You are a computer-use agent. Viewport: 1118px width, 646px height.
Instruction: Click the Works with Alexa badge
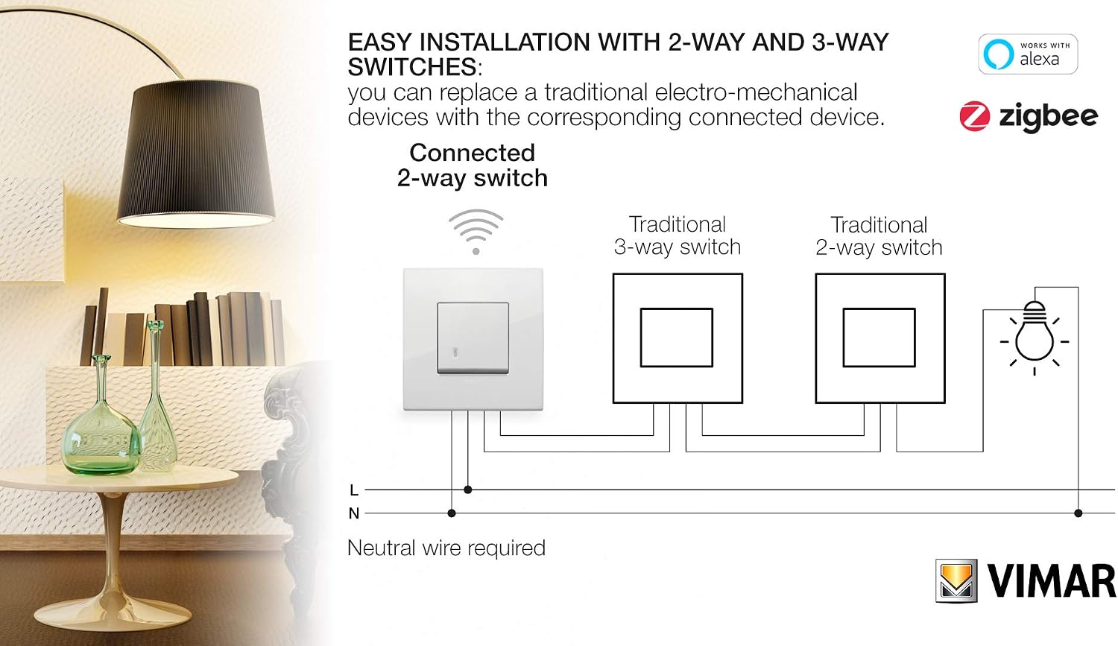1028,54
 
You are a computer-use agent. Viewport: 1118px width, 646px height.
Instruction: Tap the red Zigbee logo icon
974,116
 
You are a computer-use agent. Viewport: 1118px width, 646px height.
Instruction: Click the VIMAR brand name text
1052,581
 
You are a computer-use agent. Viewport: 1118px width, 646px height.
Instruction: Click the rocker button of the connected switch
473,338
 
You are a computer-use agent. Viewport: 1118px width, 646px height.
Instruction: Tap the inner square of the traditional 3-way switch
676,338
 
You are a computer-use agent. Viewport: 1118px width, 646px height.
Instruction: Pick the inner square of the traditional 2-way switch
879,338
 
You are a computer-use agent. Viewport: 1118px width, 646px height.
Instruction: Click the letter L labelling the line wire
354,490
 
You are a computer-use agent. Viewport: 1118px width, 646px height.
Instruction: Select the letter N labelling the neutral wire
354,513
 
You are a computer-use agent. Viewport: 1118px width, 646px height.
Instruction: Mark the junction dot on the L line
467,490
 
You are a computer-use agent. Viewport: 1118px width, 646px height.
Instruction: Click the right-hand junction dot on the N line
1078,513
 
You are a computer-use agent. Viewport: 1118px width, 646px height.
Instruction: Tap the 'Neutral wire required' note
446,548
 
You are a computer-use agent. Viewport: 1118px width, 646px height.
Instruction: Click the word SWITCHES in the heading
412,67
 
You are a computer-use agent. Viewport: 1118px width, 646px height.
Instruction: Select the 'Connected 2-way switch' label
472,165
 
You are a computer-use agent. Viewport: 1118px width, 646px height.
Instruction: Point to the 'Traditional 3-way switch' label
678,236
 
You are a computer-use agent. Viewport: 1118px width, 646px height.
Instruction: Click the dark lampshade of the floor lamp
195,153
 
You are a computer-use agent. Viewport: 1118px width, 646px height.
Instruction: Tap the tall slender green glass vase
157,396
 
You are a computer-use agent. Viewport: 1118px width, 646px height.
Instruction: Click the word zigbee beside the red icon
1048,118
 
